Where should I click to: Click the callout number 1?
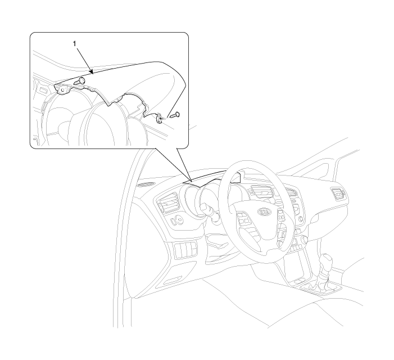74,44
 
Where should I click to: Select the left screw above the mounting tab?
79,81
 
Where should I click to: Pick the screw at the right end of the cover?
175,115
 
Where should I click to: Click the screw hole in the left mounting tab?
62,90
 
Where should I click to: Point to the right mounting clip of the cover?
159,119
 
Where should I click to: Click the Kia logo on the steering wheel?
265,212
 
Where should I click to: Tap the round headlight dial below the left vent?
180,220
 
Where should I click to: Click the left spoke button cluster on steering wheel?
243,218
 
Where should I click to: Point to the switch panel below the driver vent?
185,249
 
